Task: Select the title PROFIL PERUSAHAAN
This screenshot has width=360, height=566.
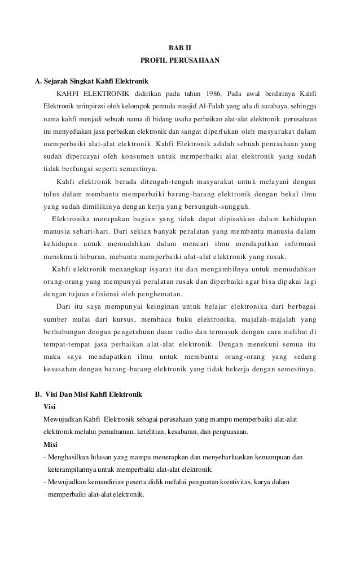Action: coord(180,59)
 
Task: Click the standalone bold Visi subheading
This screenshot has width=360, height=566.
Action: coord(49,407)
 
